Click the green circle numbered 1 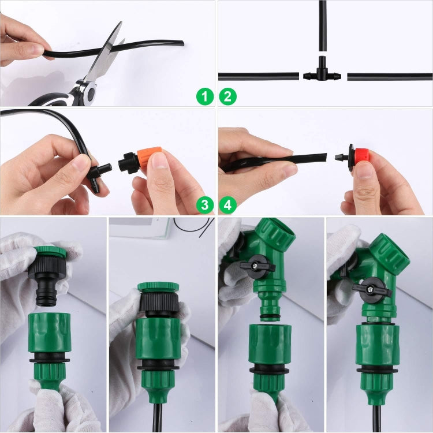pos(205,96)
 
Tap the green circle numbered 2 pos(227,96)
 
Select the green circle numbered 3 pos(205,204)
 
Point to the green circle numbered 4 pos(227,204)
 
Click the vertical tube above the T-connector pos(322,29)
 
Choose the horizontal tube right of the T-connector pos(390,76)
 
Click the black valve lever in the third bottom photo pos(257,267)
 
